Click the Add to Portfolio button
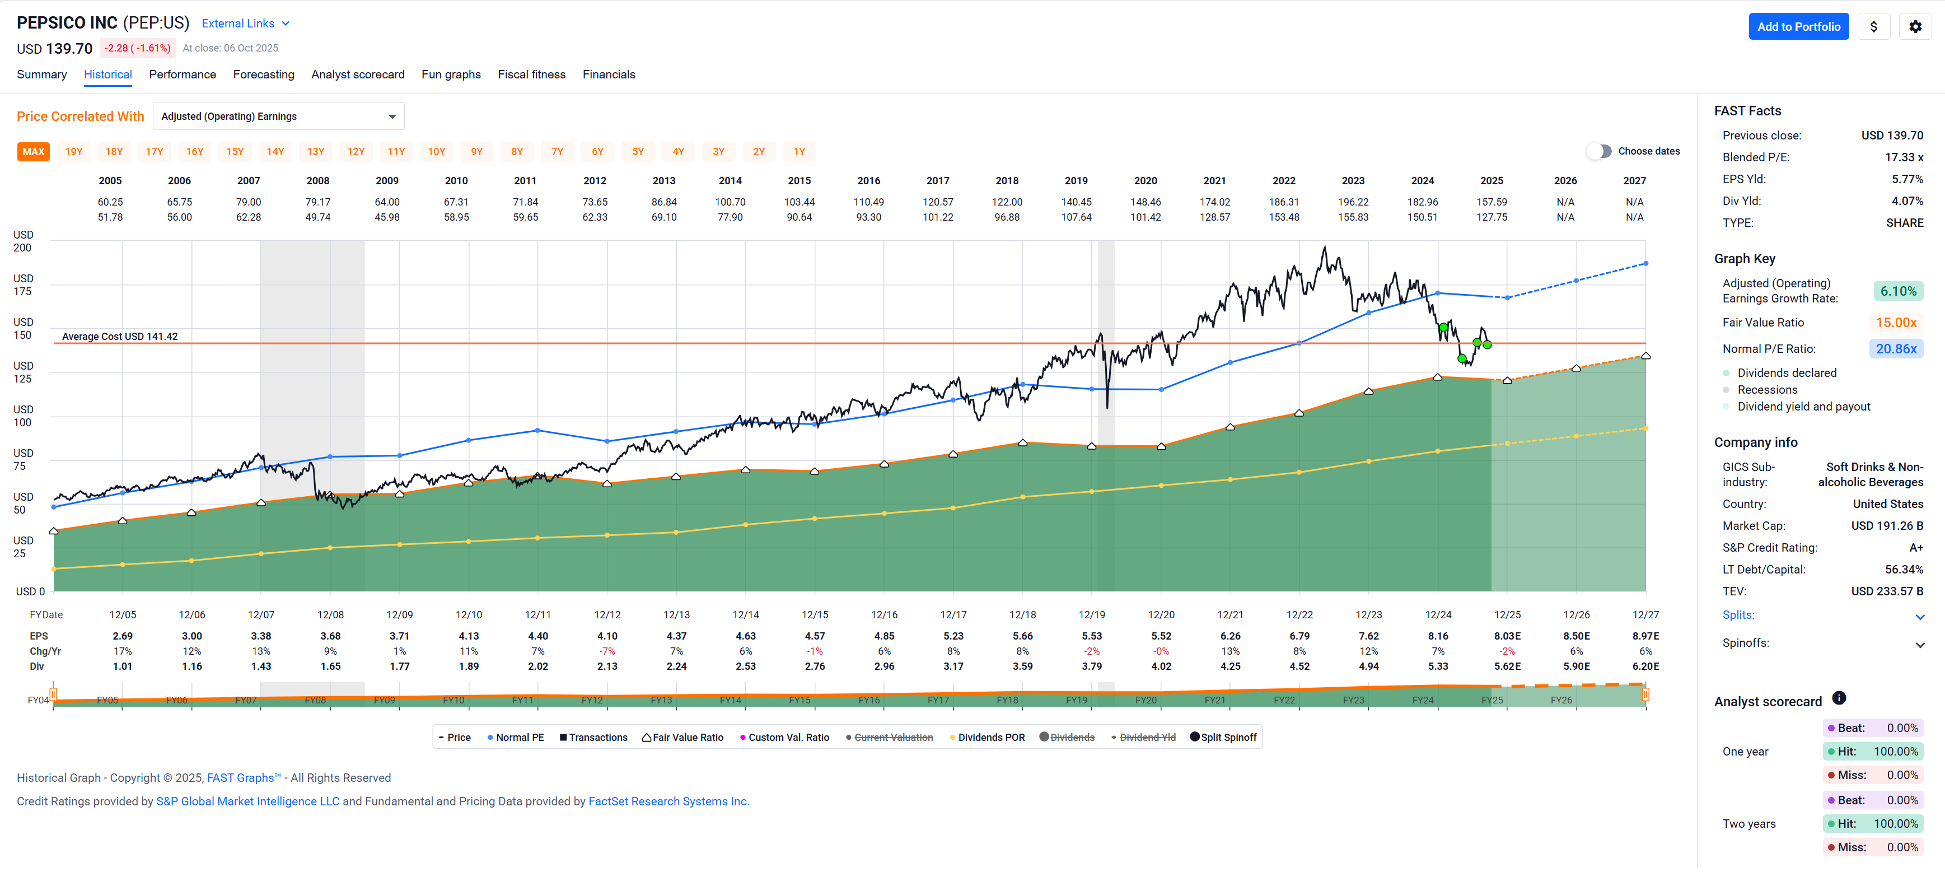tap(1798, 26)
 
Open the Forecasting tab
tap(264, 74)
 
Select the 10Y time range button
tap(436, 152)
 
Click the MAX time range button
tap(33, 152)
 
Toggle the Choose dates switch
tap(1599, 151)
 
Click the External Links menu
tap(245, 24)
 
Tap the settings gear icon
tap(1915, 26)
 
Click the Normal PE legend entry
tap(516, 738)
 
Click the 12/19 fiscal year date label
tap(1092, 614)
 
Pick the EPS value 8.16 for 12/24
tap(1438, 636)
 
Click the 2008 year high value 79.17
tap(318, 202)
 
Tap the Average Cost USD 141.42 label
tap(119, 336)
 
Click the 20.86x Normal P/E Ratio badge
tap(1895, 349)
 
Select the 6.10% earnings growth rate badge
tap(1897, 291)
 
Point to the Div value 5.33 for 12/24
tap(1438, 666)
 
